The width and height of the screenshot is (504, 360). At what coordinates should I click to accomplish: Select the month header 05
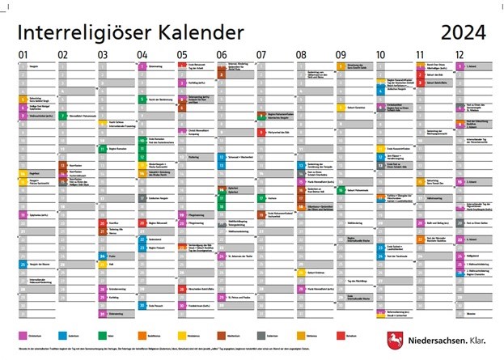(182, 55)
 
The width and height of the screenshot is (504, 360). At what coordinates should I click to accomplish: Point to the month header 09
(341, 55)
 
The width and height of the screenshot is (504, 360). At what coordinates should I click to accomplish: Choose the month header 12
(460, 55)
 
